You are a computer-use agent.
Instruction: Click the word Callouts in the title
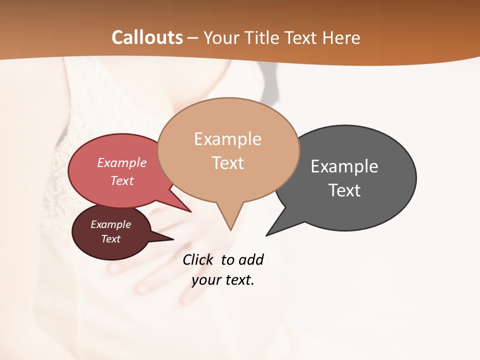pyautogui.click(x=147, y=37)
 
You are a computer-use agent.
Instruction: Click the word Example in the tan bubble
pyautogui.click(x=227, y=139)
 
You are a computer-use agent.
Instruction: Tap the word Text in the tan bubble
pyautogui.click(x=227, y=163)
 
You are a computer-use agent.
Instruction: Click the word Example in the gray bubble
pyautogui.click(x=344, y=166)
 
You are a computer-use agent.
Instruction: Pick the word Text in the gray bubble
pyautogui.click(x=344, y=190)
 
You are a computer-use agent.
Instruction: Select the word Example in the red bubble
pyautogui.click(x=122, y=162)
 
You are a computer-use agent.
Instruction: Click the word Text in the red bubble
pyautogui.click(x=122, y=180)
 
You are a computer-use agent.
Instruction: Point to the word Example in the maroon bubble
pyautogui.click(x=111, y=224)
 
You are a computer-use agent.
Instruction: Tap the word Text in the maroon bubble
pyautogui.click(x=111, y=239)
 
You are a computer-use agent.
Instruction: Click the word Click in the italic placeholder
pyautogui.click(x=198, y=260)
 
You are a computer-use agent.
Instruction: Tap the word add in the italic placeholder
pyautogui.click(x=251, y=260)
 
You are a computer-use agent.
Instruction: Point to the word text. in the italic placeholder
pyautogui.click(x=238, y=280)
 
